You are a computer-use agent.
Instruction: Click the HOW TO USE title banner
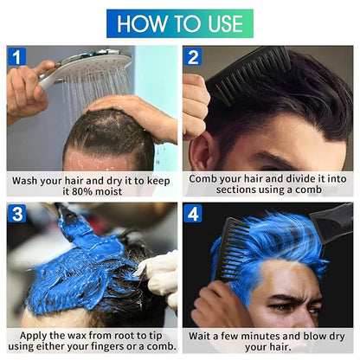pos(180,23)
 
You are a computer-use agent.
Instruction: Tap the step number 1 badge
pos(17,56)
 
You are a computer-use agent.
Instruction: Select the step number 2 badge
pos(193,56)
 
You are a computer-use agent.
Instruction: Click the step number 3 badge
pos(17,214)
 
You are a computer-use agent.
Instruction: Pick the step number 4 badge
pos(193,214)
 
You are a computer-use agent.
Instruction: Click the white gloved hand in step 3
pos(159,277)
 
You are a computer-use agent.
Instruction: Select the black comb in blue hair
pos(232,249)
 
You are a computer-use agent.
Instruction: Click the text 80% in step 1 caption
pos(81,191)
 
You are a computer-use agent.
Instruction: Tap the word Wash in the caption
pos(25,181)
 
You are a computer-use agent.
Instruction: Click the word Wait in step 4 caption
pos(200,336)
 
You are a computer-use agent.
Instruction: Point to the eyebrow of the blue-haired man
pos(292,299)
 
